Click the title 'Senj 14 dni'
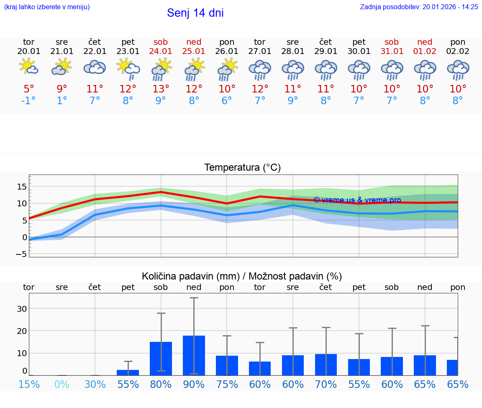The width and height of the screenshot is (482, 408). (x=195, y=13)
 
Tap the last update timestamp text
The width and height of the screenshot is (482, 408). (x=419, y=7)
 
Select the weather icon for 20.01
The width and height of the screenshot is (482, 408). (x=28, y=67)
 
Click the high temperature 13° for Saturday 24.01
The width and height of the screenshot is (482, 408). (x=161, y=89)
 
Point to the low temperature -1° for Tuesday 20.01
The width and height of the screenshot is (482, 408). (x=28, y=100)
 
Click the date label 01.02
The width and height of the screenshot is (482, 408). (x=425, y=51)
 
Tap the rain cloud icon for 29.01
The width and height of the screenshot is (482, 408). (x=326, y=70)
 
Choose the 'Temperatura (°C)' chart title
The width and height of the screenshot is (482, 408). (x=242, y=168)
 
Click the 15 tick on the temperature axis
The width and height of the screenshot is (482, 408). (x=22, y=187)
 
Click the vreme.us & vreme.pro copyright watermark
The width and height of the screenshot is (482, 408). (x=357, y=200)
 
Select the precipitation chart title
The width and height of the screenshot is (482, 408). (x=242, y=276)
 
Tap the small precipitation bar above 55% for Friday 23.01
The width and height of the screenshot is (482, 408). (x=128, y=372)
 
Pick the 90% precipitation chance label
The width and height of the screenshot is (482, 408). (x=194, y=385)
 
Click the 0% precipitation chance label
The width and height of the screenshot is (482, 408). (x=62, y=385)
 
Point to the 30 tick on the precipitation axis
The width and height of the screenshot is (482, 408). (x=22, y=309)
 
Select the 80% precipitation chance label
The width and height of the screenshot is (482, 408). (x=161, y=385)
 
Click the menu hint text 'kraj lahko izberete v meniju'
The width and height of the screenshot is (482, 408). (x=47, y=7)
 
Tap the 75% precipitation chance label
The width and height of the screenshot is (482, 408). (x=227, y=385)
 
